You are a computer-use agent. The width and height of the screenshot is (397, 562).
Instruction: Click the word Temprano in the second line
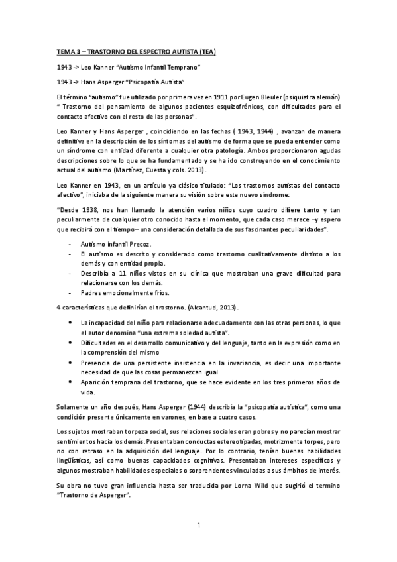click(x=183, y=68)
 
